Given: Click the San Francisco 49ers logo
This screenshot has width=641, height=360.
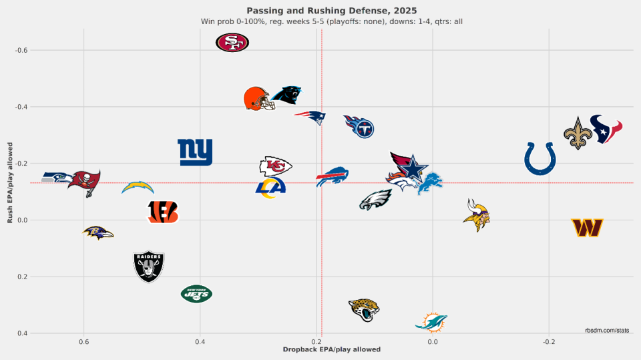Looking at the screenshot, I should pyautogui.click(x=232, y=43).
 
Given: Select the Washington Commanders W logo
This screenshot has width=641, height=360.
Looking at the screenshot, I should pyautogui.click(x=588, y=228).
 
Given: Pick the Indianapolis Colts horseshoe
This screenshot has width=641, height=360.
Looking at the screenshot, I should pyautogui.click(x=540, y=158).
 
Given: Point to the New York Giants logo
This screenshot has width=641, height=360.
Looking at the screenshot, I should pyautogui.click(x=195, y=152).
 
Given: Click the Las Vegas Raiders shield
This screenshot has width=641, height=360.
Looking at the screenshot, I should pyautogui.click(x=148, y=266).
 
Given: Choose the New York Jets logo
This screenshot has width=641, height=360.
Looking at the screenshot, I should pyautogui.click(x=196, y=293).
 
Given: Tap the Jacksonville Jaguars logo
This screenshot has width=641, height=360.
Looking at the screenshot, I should pyautogui.click(x=365, y=309).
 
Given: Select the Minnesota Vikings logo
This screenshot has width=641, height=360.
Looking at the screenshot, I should pyautogui.click(x=477, y=214).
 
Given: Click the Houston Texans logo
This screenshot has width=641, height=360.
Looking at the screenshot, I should pyautogui.click(x=606, y=129).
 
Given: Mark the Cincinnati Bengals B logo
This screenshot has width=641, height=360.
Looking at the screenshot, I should pyautogui.click(x=163, y=212).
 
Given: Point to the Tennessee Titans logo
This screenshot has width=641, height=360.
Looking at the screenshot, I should pyautogui.click(x=359, y=126).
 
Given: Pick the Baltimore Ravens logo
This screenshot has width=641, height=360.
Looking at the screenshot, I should pyautogui.click(x=97, y=232).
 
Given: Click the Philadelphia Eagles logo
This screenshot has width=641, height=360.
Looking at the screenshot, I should pyautogui.click(x=375, y=200).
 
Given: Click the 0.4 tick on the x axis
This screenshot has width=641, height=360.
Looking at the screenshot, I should pyautogui.click(x=200, y=342).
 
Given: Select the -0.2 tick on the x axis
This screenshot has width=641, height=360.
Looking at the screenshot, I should pyautogui.click(x=548, y=342).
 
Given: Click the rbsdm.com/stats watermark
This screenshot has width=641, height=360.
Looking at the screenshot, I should pyautogui.click(x=606, y=330).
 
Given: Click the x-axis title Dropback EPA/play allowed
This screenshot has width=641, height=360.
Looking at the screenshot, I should pyautogui.click(x=332, y=350).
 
